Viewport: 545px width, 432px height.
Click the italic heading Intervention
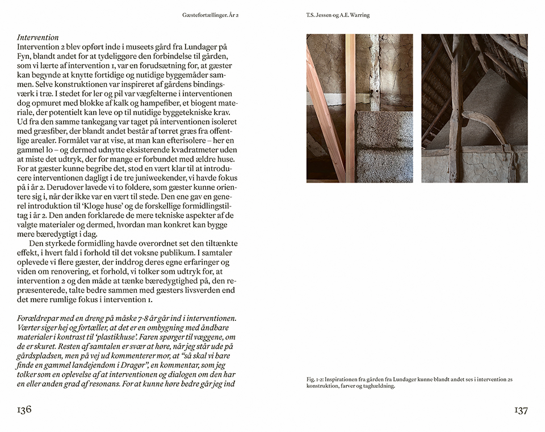37,37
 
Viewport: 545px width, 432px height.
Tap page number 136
24,410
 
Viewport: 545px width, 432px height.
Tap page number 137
520,410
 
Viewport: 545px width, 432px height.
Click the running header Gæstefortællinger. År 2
211,15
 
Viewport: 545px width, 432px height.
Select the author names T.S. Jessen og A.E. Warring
337,15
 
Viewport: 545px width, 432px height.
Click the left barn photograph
359,108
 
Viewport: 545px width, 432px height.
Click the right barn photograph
474,108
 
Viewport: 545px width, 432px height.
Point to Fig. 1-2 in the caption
316,379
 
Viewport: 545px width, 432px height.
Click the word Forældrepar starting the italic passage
40,319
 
